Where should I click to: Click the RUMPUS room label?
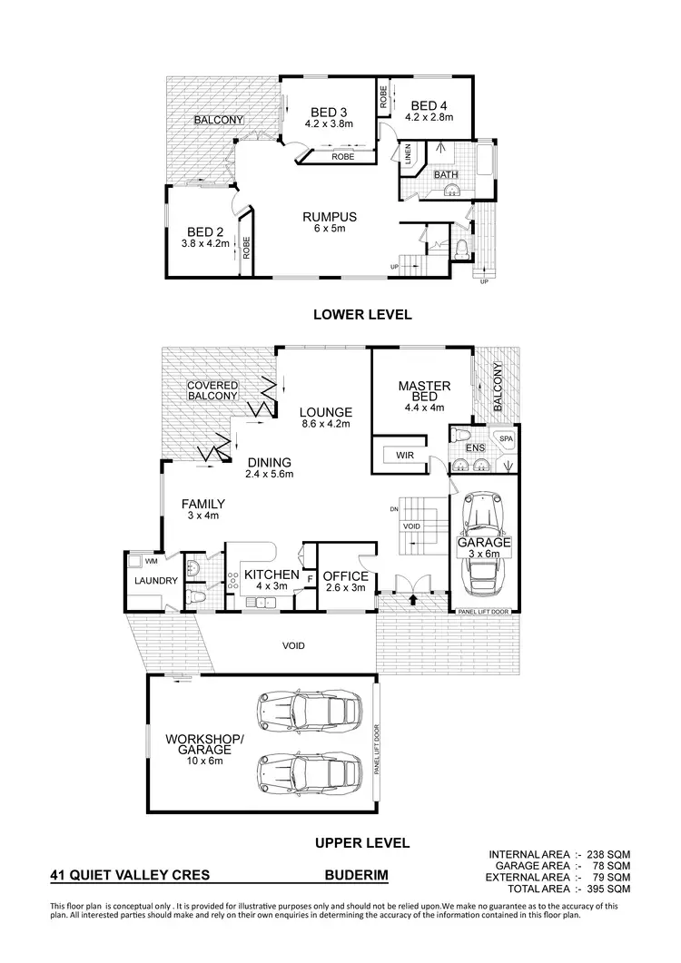(329, 217)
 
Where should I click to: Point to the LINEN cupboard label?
(408, 155)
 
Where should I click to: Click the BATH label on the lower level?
(446, 174)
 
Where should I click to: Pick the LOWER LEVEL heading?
(362, 315)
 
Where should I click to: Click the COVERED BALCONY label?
(212, 390)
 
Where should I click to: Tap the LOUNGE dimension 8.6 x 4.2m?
(325, 424)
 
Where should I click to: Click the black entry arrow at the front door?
(414, 598)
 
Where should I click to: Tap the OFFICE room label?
(346, 576)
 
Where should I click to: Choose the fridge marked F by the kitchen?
(310, 576)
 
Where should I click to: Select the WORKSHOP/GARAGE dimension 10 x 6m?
(204, 762)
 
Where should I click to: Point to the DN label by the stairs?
(394, 509)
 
